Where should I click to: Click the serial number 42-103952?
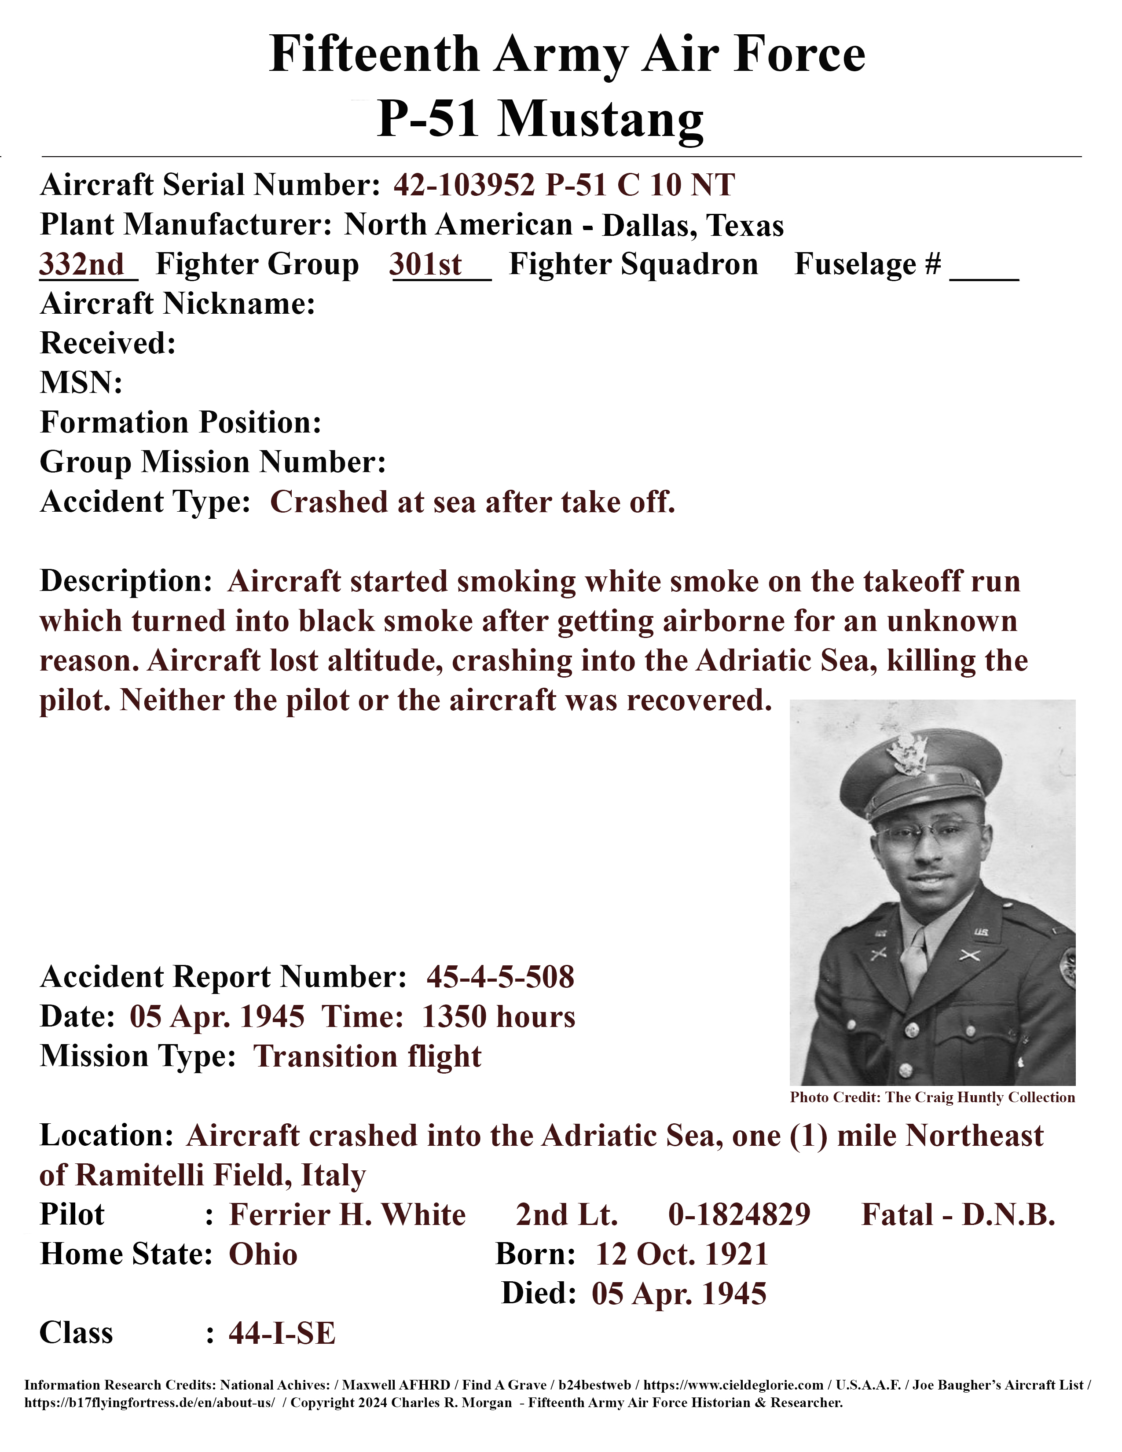[x=463, y=185]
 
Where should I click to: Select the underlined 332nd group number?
[x=82, y=264]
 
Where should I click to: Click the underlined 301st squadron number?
[x=425, y=264]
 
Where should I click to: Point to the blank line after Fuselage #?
[x=984, y=269]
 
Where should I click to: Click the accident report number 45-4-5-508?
[x=501, y=977]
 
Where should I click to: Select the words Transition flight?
[x=367, y=1056]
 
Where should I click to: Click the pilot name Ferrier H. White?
[x=347, y=1215]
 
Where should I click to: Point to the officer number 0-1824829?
[x=739, y=1215]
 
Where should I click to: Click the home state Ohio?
[x=263, y=1254]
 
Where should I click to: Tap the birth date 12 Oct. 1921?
[x=682, y=1254]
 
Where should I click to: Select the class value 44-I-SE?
[x=282, y=1333]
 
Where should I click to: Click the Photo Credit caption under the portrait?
[x=932, y=1098]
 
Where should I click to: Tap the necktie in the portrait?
[x=915, y=957]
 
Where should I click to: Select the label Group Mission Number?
[x=213, y=462]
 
